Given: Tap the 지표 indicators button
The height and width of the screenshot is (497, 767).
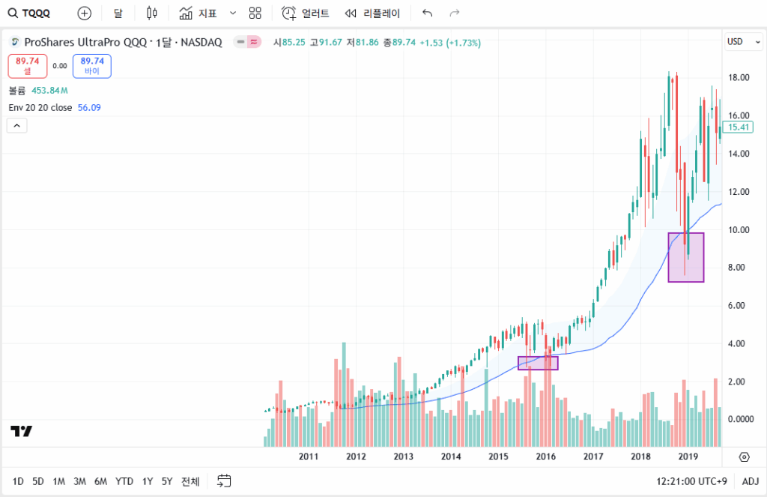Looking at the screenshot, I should click(198, 13).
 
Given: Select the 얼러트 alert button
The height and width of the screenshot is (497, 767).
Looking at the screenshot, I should click(306, 13).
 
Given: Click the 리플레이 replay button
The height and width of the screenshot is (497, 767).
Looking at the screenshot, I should click(372, 13).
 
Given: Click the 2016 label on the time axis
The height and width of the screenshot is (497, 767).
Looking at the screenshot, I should click(545, 457).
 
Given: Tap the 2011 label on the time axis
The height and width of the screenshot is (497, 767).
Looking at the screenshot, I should click(309, 457).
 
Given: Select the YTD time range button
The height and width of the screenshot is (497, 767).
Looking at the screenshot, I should click(124, 481).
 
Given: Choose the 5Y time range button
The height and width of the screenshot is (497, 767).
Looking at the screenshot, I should click(167, 481).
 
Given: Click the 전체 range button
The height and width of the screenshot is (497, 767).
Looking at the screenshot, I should click(190, 481).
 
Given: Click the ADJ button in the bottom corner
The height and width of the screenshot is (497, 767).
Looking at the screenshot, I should click(750, 481).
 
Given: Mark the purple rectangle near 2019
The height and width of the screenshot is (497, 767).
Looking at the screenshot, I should click(685, 257).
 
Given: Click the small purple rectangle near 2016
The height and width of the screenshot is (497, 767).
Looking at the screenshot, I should click(538, 363).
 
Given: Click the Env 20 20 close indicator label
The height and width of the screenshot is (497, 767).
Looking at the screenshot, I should click(40, 108).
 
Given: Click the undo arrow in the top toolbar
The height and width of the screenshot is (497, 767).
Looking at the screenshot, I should click(428, 13).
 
